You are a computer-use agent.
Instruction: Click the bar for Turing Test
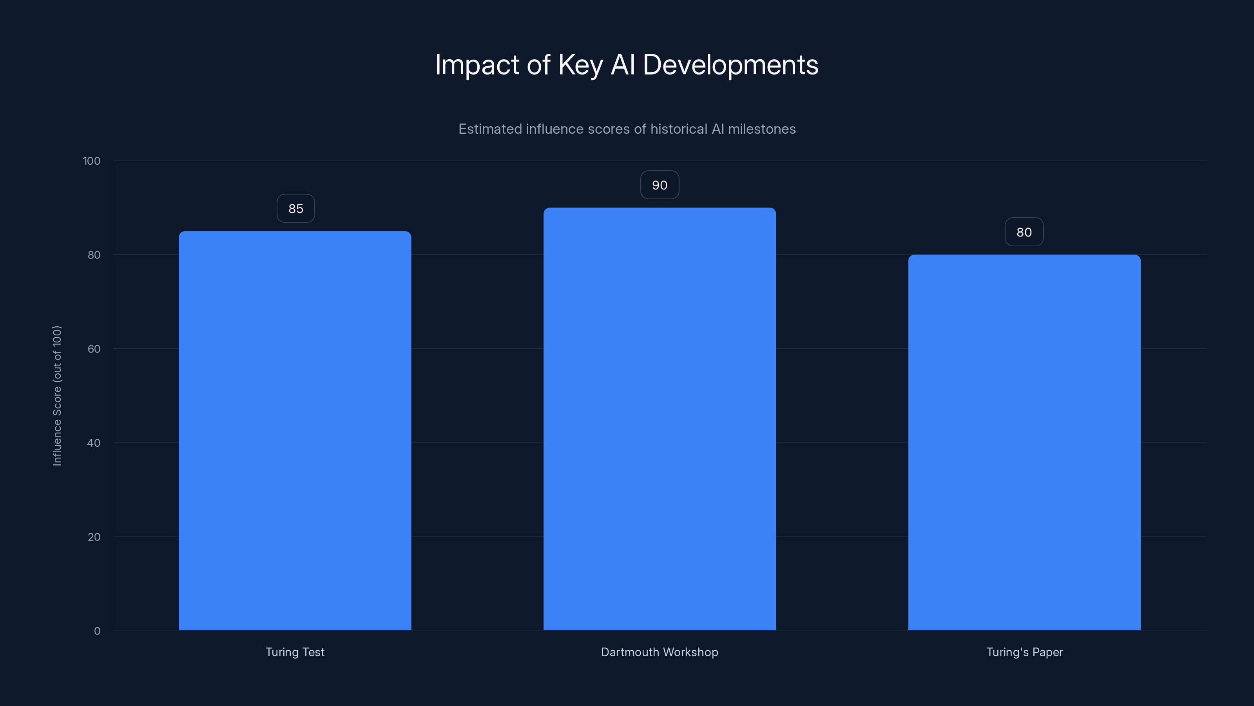[295, 431]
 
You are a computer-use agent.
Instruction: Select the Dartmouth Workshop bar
[660, 419]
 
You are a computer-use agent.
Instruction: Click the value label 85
[295, 209]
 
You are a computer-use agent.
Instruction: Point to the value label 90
[660, 185]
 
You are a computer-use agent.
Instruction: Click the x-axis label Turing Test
[295, 652]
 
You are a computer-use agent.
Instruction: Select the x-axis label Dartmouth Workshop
[660, 652]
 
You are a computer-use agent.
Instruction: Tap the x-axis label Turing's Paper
[1024, 652]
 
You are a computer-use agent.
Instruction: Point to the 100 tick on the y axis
[92, 161]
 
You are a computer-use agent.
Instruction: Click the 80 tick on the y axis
[94, 255]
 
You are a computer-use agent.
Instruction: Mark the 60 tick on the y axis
[94, 349]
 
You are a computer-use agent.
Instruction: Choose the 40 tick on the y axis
[94, 443]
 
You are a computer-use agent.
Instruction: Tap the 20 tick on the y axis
[94, 537]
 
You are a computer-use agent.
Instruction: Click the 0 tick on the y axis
[97, 631]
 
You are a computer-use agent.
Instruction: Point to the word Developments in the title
[730, 65]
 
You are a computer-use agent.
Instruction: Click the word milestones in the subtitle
[762, 129]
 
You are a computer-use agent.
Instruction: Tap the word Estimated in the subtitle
[490, 129]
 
